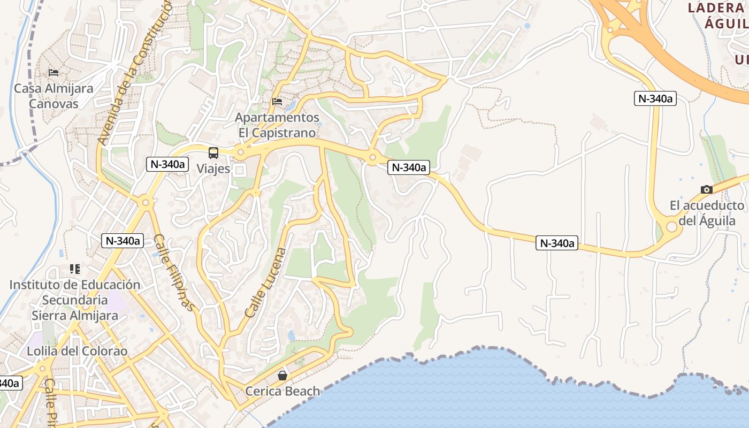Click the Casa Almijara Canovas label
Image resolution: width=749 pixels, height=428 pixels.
53,96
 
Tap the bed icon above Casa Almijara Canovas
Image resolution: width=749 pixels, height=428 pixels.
53,73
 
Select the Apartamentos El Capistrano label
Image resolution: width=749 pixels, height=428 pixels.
278,125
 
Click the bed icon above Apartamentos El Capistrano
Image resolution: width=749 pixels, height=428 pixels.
277,101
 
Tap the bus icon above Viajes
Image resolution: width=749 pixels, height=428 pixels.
213,153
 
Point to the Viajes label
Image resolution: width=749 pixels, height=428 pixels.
213,169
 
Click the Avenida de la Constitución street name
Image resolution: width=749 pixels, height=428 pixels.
134,72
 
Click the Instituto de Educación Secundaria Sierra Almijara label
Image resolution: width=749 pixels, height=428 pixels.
75,300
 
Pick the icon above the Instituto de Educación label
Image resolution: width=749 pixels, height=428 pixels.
75,269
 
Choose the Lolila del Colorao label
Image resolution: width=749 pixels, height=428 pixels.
78,351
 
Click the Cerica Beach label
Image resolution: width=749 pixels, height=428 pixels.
282,391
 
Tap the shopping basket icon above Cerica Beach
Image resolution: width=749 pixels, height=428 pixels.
282,376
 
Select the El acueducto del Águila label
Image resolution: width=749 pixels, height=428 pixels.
707,213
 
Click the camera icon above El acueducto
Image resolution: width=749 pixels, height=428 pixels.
707,189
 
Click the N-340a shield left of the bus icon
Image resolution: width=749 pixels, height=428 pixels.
167,164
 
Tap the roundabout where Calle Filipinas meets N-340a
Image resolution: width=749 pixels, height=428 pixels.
145,203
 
